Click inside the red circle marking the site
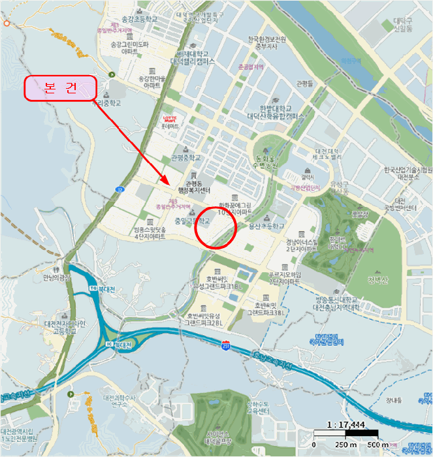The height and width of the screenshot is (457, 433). tap(216, 227)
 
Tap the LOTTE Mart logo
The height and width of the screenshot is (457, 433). tap(169, 119)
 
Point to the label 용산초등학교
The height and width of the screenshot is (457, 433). tap(267, 227)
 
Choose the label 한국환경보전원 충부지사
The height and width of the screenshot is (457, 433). tap(267, 42)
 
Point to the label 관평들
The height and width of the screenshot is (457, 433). tap(304, 84)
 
